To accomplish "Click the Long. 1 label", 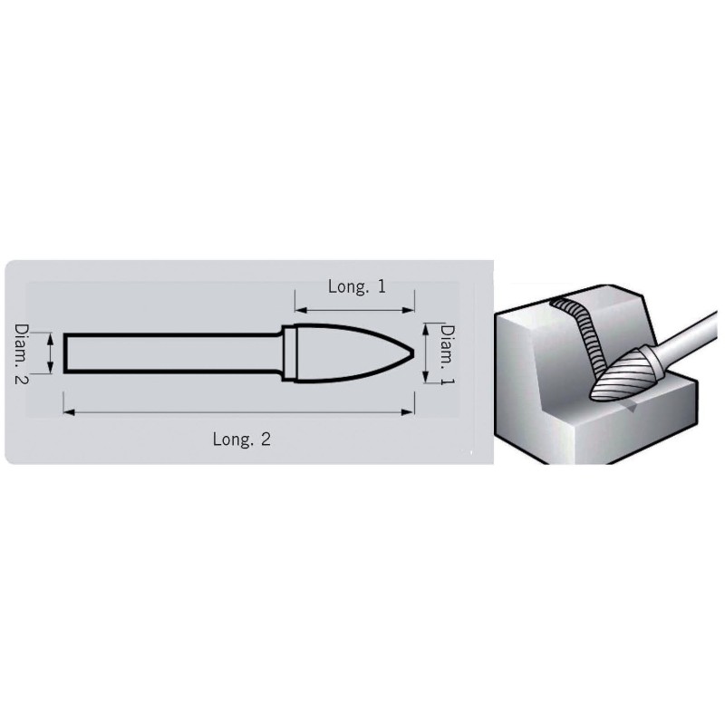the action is tap(356, 286).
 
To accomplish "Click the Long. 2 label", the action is tap(241, 439).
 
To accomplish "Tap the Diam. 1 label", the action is tap(447, 354).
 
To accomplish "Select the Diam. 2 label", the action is tap(21, 353).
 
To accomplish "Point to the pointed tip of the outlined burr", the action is tap(414, 353).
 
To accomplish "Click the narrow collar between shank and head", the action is tap(288, 353).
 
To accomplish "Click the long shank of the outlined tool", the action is tap(172, 353).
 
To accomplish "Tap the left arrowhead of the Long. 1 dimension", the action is tap(301, 310).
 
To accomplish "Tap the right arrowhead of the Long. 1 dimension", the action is tap(409, 310).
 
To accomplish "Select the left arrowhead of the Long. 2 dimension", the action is tap(69, 411).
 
